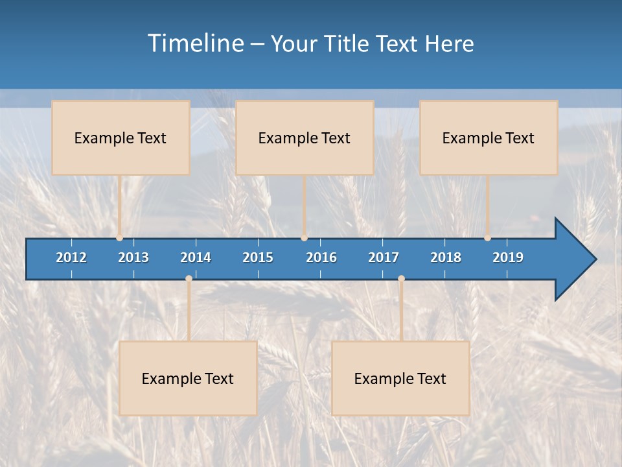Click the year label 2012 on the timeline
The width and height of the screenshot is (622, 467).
tap(71, 257)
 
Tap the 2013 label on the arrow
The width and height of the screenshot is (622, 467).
tap(133, 257)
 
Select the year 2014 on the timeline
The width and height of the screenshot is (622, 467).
tap(196, 257)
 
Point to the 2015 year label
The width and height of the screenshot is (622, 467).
tap(258, 257)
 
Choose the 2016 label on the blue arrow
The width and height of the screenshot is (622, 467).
tap(321, 257)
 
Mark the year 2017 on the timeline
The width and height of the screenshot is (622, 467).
tap(384, 257)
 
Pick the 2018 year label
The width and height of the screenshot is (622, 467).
tap(446, 257)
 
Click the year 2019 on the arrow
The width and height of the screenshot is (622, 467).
tap(508, 257)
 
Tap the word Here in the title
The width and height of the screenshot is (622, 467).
tap(450, 44)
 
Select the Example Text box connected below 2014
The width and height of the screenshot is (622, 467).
tap(188, 378)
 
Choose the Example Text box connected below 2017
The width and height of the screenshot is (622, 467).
tap(400, 378)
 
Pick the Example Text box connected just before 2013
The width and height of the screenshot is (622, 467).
tap(121, 138)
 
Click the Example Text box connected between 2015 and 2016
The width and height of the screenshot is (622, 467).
tap(305, 138)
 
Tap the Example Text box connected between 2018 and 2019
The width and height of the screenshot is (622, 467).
tap(489, 138)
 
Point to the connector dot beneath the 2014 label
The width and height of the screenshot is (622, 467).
tap(189, 278)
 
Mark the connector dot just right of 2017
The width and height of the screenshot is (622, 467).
tap(401, 278)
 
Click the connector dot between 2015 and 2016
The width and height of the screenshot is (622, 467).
tap(305, 238)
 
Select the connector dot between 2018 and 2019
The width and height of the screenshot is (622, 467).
tap(488, 238)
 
